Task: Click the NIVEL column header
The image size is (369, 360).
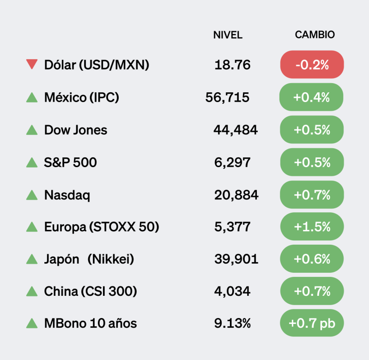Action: click(228, 35)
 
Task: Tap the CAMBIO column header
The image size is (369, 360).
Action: click(315, 35)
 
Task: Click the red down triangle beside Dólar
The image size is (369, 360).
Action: click(32, 65)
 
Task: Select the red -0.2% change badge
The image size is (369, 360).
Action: click(312, 65)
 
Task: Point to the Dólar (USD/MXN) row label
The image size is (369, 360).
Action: click(97, 65)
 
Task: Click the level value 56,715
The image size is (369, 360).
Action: click(227, 97)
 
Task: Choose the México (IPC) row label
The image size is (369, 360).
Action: click(82, 97)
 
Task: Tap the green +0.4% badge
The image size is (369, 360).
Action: click(312, 97)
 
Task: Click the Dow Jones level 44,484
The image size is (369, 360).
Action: click(235, 130)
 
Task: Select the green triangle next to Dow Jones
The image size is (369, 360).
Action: click(32, 130)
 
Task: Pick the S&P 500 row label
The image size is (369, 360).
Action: click(71, 162)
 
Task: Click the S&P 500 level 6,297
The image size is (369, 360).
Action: click(232, 162)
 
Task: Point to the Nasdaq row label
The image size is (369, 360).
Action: click(67, 195)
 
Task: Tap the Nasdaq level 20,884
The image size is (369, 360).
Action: click(236, 195)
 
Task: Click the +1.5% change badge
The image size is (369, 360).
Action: click(312, 227)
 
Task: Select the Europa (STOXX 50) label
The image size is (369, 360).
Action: click(102, 227)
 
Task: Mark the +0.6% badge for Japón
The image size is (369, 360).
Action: click(312, 259)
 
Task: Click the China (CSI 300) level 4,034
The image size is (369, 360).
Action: click(232, 292)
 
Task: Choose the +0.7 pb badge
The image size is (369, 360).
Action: click(312, 324)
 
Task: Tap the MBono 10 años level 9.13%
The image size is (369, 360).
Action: click(232, 324)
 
